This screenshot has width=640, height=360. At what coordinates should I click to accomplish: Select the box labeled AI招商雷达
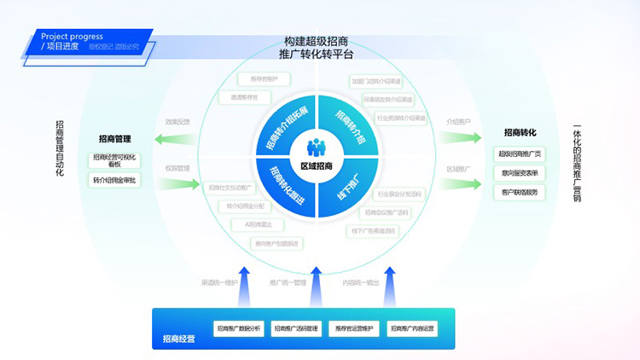point(259,224)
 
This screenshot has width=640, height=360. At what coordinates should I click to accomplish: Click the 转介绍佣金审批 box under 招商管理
point(114,180)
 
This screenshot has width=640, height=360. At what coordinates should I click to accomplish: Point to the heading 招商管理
point(114,138)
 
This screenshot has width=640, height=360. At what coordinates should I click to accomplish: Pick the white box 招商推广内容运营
point(411,328)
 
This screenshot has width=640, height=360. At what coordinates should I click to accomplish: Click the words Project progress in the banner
point(72,37)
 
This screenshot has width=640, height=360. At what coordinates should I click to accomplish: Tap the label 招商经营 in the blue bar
point(178,339)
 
